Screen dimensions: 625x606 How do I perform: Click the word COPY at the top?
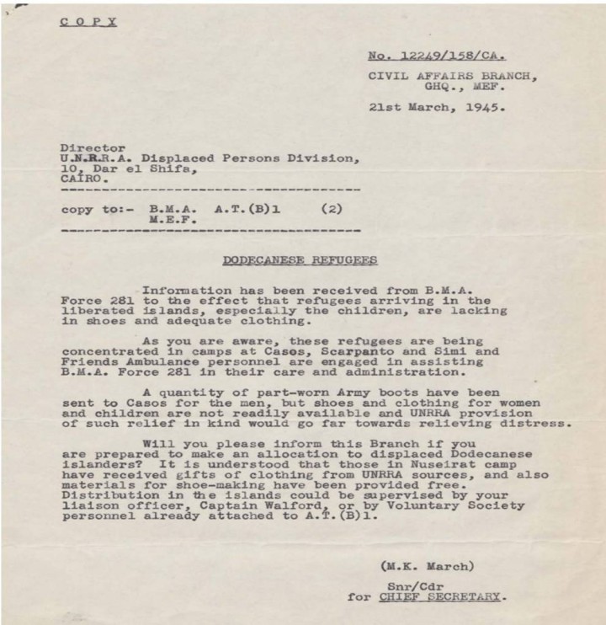tap(88, 21)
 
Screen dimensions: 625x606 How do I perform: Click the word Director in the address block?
tap(93, 147)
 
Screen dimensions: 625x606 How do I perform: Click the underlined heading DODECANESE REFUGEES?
tap(300, 260)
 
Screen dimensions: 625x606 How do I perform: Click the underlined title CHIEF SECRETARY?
tap(440, 596)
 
